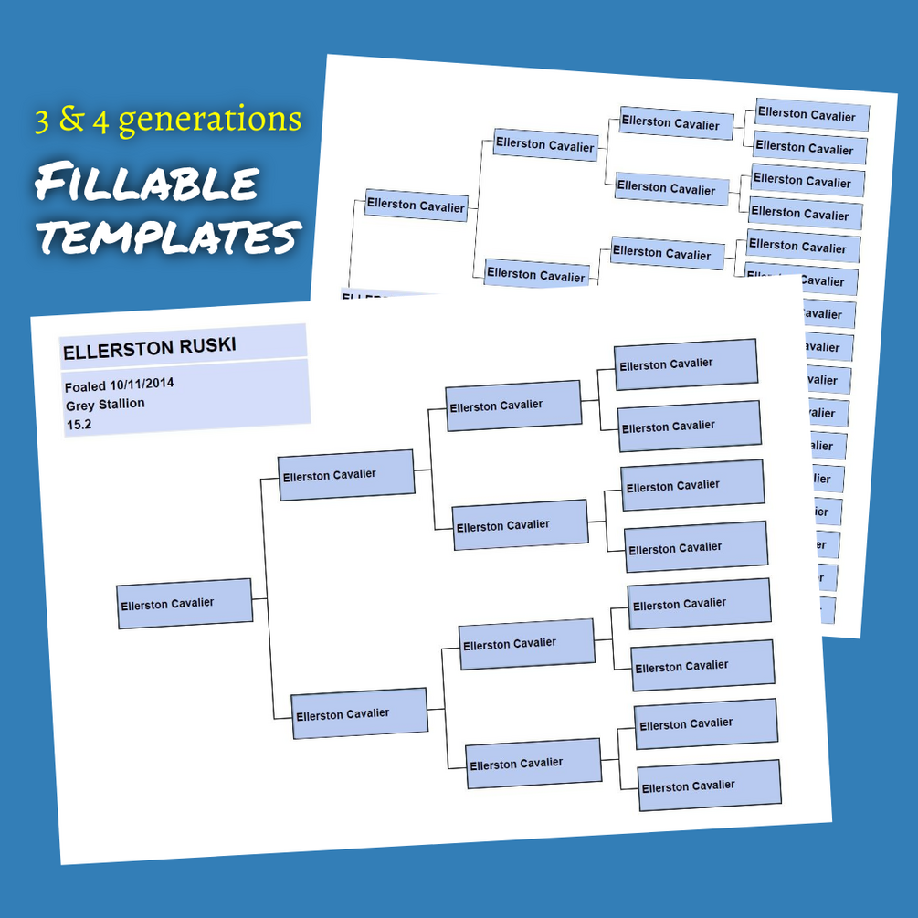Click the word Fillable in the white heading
point(146,184)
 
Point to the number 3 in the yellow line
point(42,121)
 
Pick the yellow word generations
point(209,120)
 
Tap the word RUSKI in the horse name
point(208,344)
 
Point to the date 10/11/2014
point(142,384)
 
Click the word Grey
point(79,405)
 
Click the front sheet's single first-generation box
point(185,603)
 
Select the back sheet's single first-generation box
point(416,206)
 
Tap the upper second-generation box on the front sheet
point(346,475)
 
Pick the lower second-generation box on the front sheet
point(359,713)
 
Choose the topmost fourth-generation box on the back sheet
point(811,116)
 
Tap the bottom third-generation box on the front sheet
point(533,763)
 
